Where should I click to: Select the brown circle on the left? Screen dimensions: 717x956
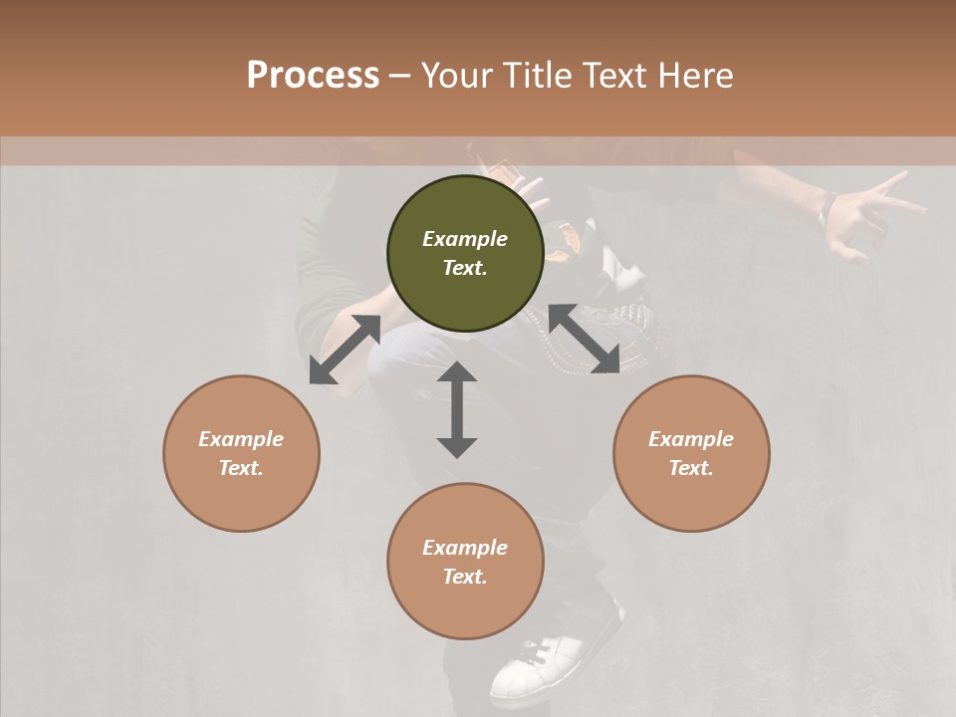coord(241,453)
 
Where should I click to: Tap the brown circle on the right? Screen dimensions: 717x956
coord(691,453)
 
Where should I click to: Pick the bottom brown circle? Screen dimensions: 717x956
coord(465,561)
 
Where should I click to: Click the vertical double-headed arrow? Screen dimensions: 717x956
coord(457,409)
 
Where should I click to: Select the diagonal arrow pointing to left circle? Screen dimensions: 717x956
coord(345,350)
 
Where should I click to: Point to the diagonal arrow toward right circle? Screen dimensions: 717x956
coord(584,339)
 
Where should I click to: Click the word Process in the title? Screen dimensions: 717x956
coord(313,76)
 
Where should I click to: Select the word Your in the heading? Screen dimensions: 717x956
coord(454,76)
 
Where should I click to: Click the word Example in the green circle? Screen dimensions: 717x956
coord(465,239)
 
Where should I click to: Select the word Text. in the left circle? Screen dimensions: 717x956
coord(241,468)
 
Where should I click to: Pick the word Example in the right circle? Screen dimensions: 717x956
coord(691,439)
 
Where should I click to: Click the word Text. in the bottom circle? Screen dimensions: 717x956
coord(465,577)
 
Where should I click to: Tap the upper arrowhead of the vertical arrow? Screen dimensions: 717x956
coord(457,373)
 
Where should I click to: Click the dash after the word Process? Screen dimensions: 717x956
coord(400,76)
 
